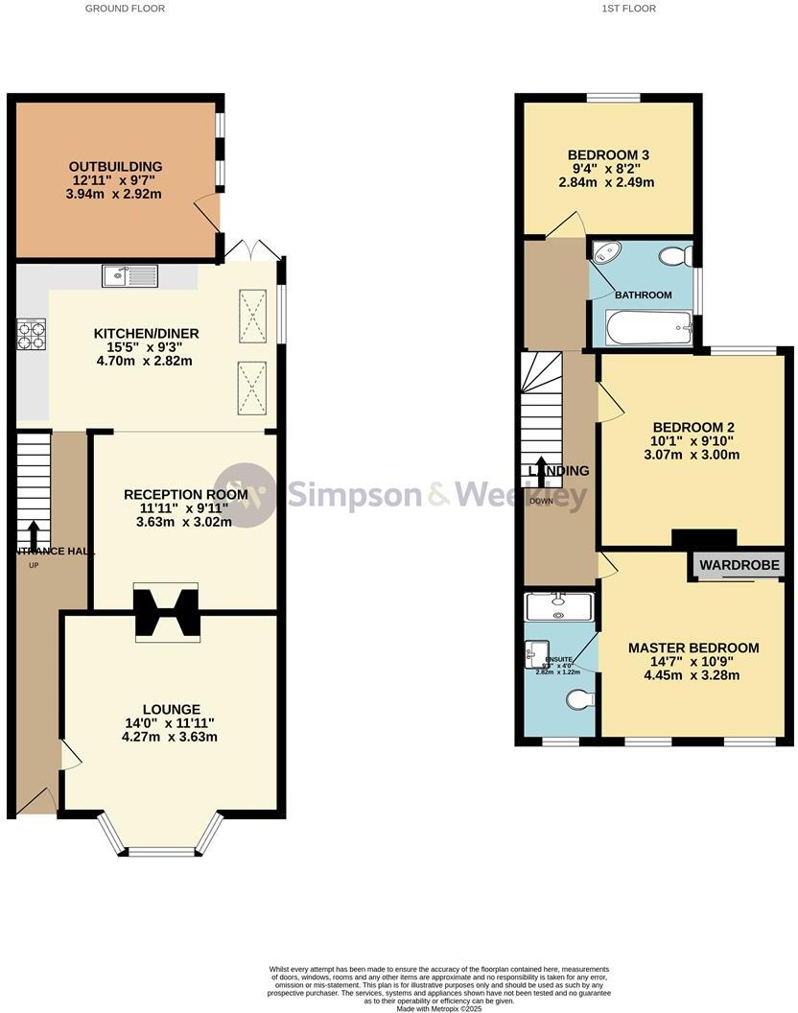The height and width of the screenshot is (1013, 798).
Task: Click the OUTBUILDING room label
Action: pyautogui.click(x=115, y=166)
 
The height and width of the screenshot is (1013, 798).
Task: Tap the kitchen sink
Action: pyautogui.click(x=129, y=276)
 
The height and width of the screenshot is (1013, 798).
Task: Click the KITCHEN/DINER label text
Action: pyautogui.click(x=146, y=334)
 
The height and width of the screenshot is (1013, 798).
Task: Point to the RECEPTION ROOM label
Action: pyautogui.click(x=185, y=495)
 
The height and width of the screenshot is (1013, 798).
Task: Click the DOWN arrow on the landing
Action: pyautogui.click(x=541, y=472)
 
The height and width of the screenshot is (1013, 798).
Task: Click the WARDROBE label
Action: pyautogui.click(x=739, y=565)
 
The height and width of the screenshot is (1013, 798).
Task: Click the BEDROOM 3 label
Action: pyautogui.click(x=608, y=154)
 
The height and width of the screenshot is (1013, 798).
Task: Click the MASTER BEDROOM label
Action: pyautogui.click(x=692, y=648)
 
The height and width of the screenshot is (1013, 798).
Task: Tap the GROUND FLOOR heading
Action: pyautogui.click(x=125, y=8)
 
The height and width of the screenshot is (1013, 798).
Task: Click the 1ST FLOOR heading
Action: pyautogui.click(x=630, y=8)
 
